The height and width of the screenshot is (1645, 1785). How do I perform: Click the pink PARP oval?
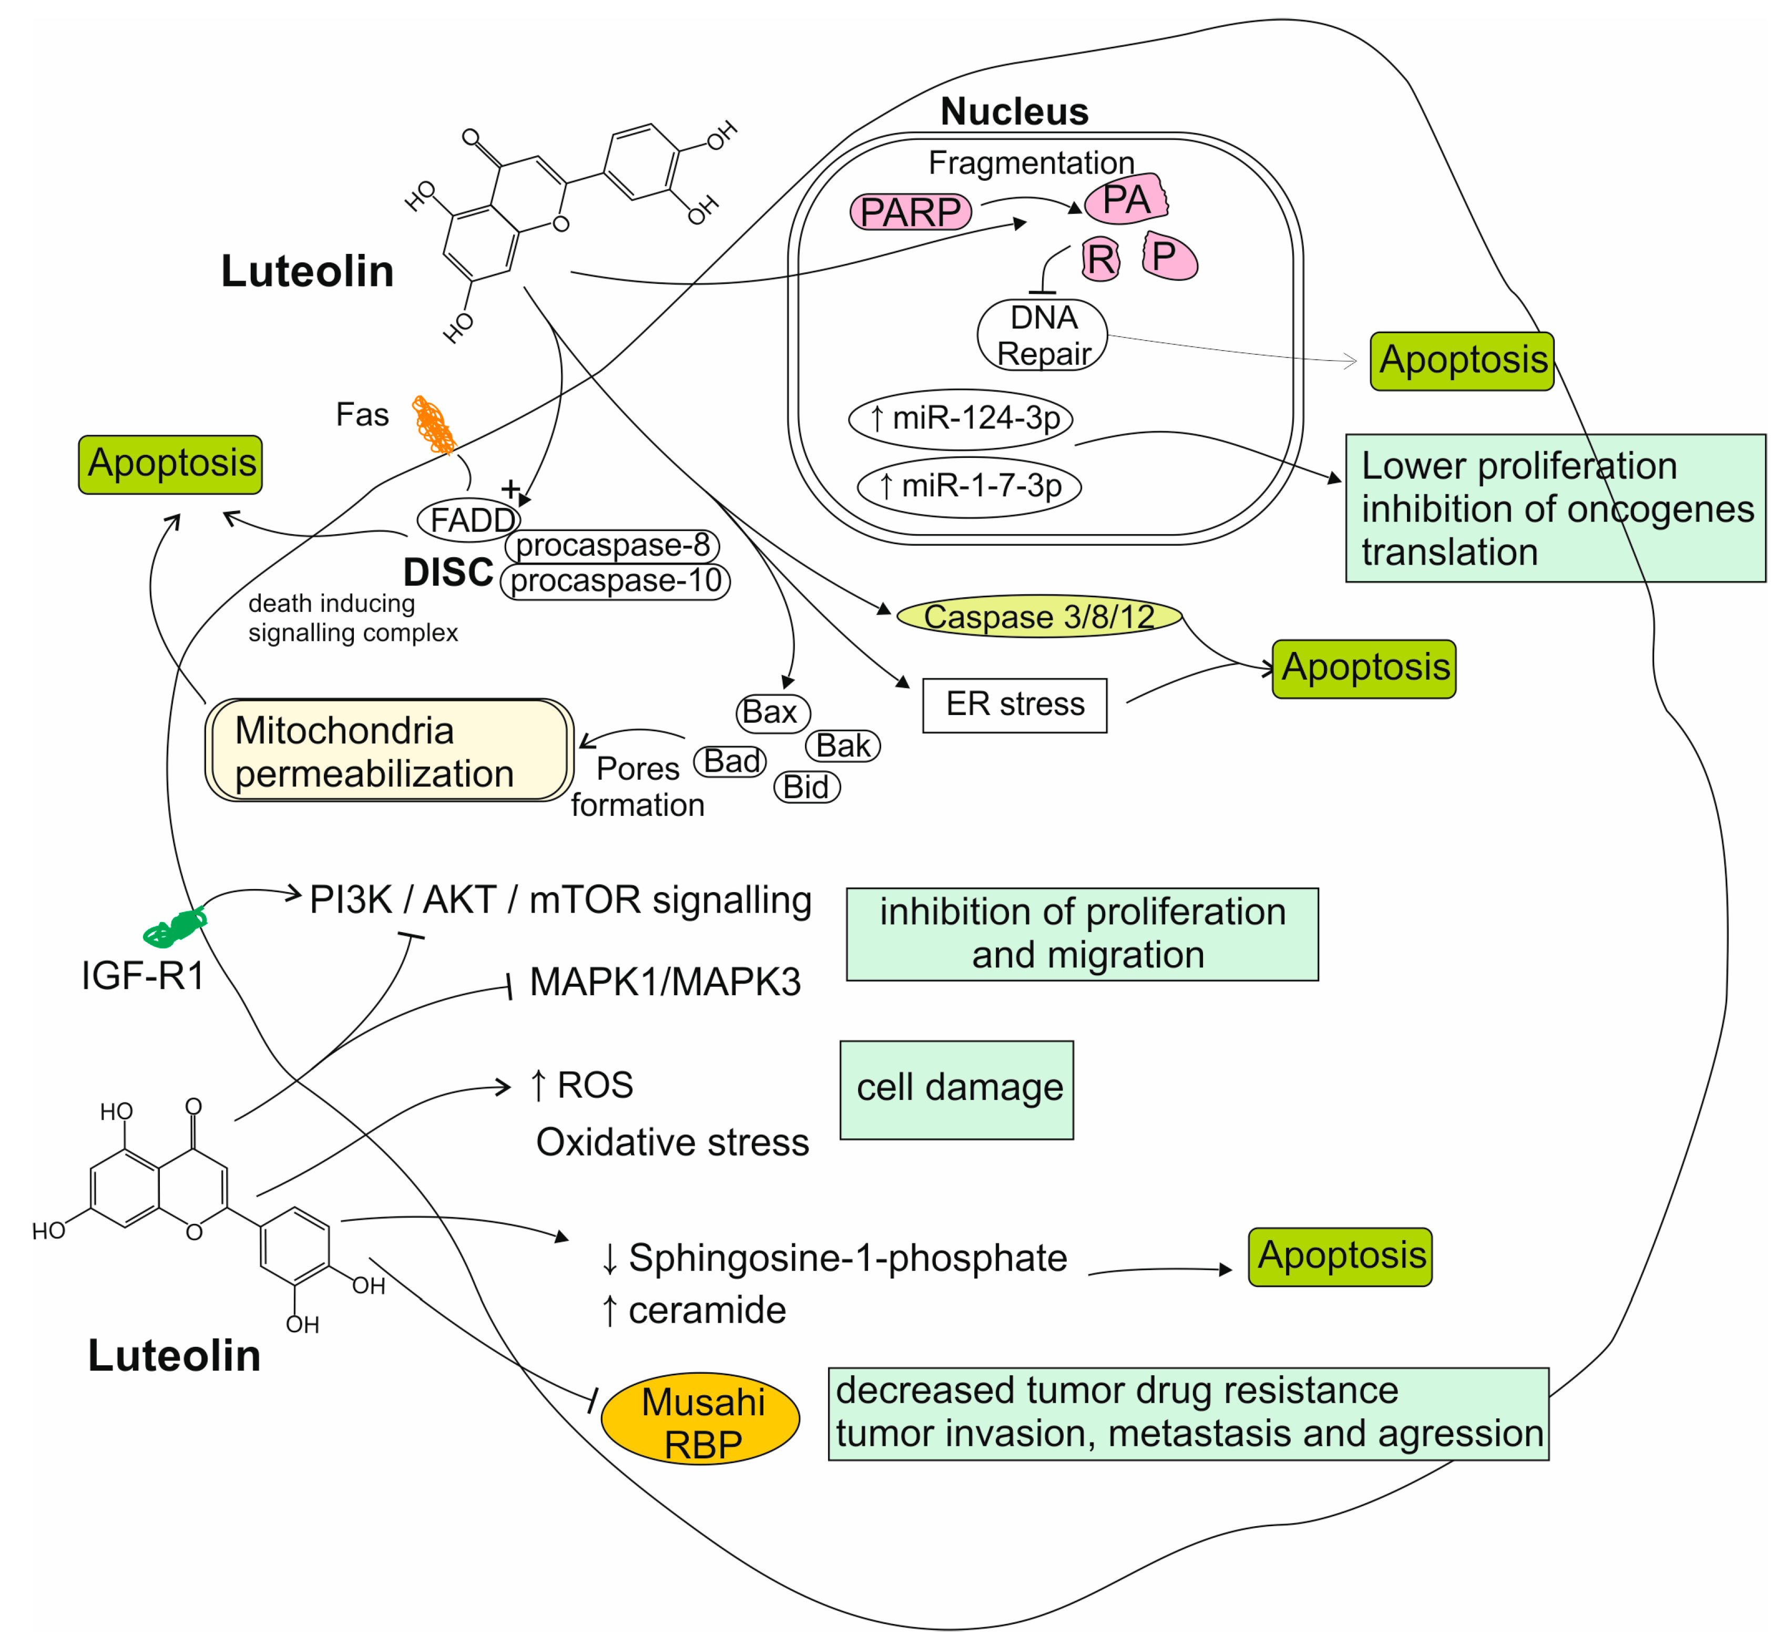coord(910,212)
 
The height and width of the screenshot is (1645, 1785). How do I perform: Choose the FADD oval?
coord(469,520)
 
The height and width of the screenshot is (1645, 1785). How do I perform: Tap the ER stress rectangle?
coord(1014,705)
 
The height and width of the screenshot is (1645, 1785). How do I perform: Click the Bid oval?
coord(807,787)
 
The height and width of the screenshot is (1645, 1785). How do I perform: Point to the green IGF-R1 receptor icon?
coord(176,927)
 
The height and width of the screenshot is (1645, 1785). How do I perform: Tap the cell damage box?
coord(956,1089)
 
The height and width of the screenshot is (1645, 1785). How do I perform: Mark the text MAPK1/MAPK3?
coord(665,982)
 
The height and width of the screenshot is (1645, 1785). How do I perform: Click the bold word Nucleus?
coord(1014,112)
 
